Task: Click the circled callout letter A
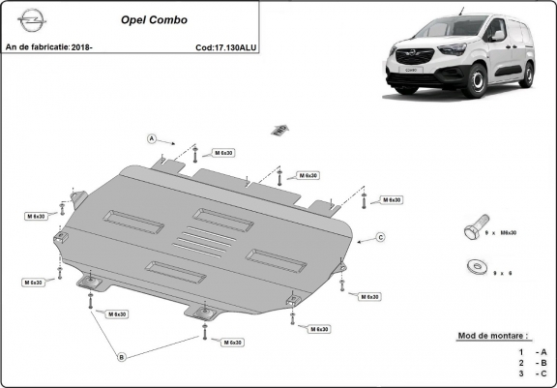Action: pos(152,138)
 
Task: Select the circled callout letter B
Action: pos(121,357)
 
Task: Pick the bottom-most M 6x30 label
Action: pos(231,343)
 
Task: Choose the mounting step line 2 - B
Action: pos(531,362)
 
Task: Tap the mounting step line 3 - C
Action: pos(531,373)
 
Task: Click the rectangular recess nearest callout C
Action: pos(276,256)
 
